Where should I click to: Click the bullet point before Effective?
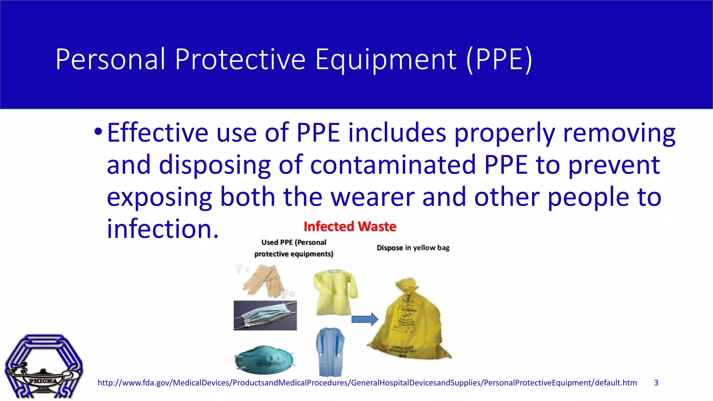[x=98, y=132]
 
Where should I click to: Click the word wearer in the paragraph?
[x=373, y=197]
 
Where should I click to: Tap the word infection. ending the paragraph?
[x=163, y=229]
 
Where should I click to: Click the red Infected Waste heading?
[x=350, y=227]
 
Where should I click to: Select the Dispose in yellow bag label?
[x=413, y=248]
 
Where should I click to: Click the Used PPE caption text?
[x=294, y=248]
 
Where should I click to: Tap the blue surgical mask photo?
[x=265, y=316]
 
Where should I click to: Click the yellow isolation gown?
[x=334, y=292]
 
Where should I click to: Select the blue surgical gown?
[x=330, y=352]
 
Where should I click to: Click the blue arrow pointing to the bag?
[x=365, y=319]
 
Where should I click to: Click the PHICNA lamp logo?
[x=44, y=366]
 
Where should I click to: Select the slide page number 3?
[x=656, y=383]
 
